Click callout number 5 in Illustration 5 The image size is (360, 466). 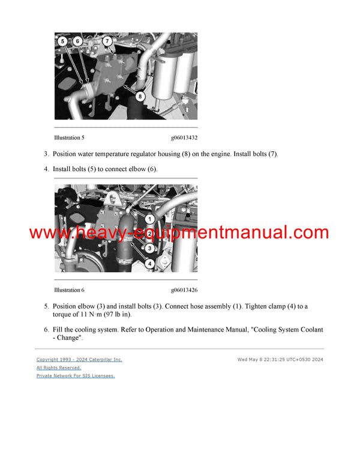[x=62, y=41]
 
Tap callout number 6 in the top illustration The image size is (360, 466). [x=77, y=41]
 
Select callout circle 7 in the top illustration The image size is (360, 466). [x=107, y=41]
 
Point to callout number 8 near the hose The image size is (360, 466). [x=139, y=95]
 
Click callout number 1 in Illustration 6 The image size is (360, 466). [x=150, y=219]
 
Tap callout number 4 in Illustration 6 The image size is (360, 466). [x=150, y=262]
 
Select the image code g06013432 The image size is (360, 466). [x=184, y=138]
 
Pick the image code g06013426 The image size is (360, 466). [x=184, y=290]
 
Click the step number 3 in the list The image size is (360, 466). [x=46, y=154]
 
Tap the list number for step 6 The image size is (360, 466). [x=46, y=330]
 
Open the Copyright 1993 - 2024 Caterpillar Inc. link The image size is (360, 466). [x=79, y=359]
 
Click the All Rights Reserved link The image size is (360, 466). [x=59, y=368]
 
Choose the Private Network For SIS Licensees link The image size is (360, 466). [x=76, y=375]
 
